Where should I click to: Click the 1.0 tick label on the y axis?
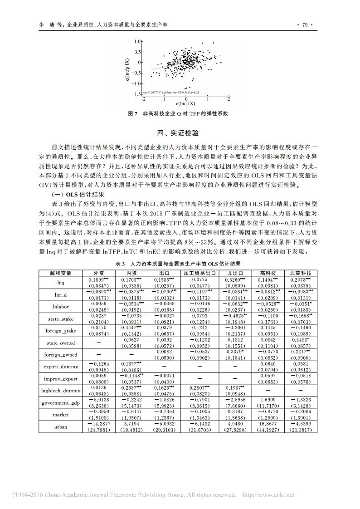[x=138, y=42]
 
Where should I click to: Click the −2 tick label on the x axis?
[x=143, y=98]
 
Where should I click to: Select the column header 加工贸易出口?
[x=199, y=274]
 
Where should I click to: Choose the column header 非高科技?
[x=301, y=274]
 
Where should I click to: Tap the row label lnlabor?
[x=61, y=306]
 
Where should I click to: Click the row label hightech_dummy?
[x=61, y=391]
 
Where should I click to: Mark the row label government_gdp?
[x=61, y=403]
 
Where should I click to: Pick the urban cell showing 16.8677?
[x=268, y=423]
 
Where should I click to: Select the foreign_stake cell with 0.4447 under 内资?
[x=131, y=328]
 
